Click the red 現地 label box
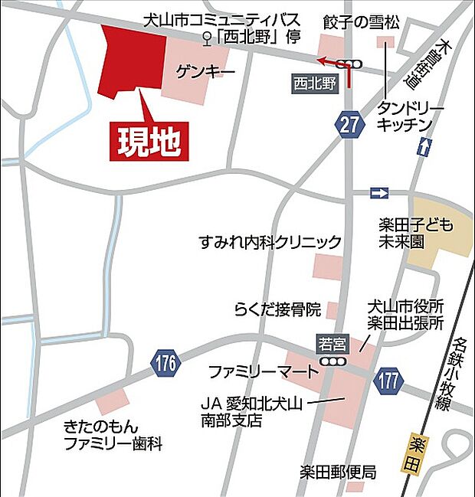149,141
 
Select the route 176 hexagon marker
165,364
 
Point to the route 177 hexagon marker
388,379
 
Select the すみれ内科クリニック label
269,243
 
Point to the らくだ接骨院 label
277,309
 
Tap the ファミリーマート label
264,373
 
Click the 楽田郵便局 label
337,472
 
